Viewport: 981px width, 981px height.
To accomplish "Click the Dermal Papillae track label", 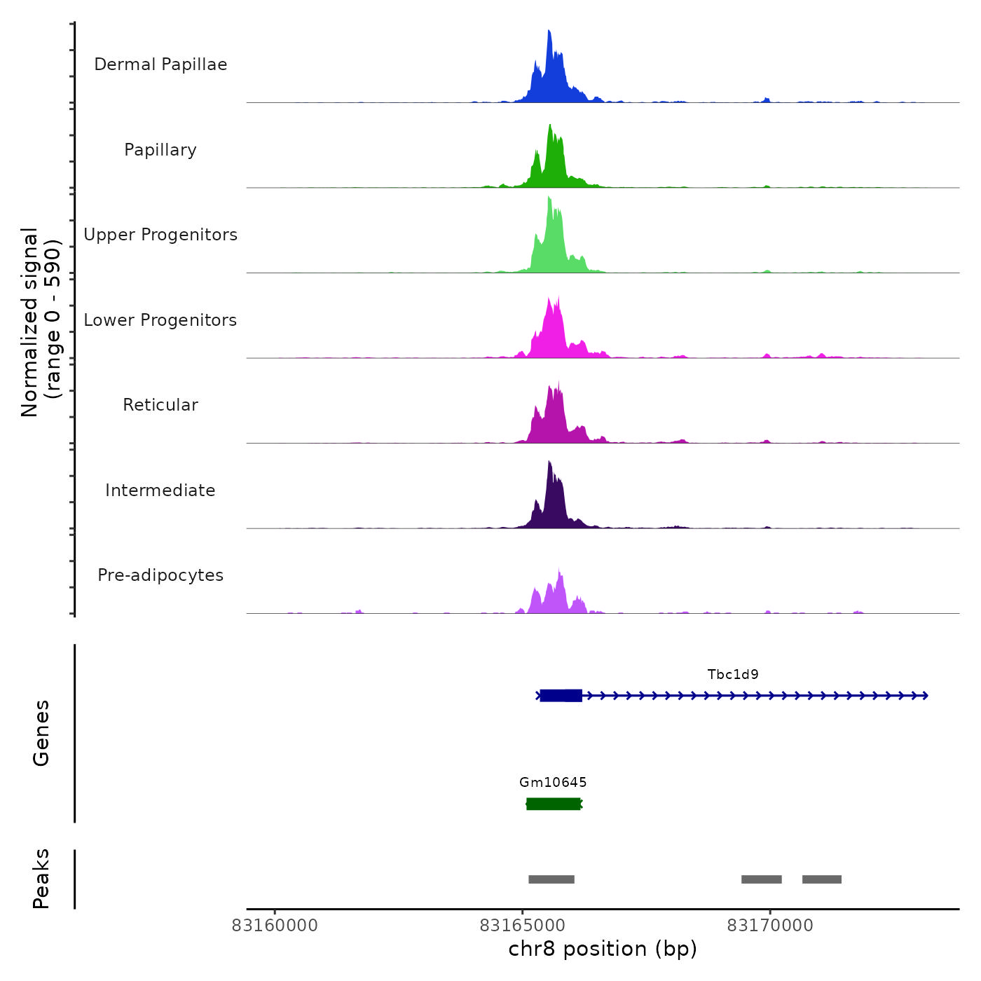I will click(x=160, y=64).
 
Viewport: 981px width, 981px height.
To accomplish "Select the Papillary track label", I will click(x=160, y=150).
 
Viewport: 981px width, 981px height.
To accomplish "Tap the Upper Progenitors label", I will click(x=160, y=235).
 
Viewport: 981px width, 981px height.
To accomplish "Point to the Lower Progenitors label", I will click(x=160, y=320).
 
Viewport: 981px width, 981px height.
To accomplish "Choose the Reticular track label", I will click(x=160, y=405).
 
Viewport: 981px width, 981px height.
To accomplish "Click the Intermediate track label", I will click(x=160, y=490).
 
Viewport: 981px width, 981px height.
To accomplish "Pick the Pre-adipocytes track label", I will click(x=160, y=575).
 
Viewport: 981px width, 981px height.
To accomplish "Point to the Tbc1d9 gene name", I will click(x=733, y=675).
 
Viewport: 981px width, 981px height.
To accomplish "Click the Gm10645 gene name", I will click(x=553, y=783).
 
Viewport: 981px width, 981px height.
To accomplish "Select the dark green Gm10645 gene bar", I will click(x=554, y=804).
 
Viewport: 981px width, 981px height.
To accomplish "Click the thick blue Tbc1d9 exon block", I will click(x=561, y=696).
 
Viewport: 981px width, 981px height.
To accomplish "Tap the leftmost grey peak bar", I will click(x=551, y=879).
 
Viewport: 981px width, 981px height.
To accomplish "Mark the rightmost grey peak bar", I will click(x=822, y=879).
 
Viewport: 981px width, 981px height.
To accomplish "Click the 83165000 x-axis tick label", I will click(x=522, y=926).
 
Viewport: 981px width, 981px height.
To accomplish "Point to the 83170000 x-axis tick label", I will click(x=770, y=926).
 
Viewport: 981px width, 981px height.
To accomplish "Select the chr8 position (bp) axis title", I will click(x=603, y=949).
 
